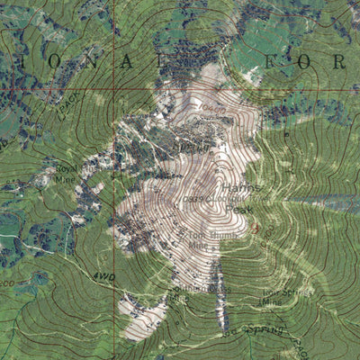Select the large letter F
click(x=256, y=62)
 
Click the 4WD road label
click(x=101, y=277)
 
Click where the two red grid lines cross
click(x=115, y=89)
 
